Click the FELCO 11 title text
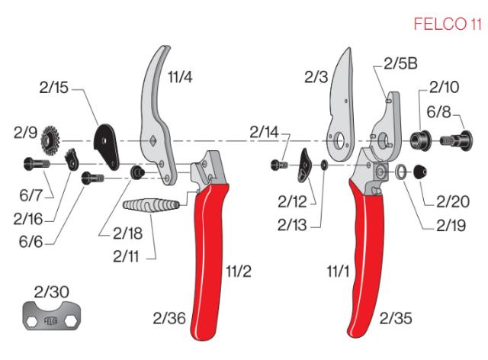(x=448, y=24)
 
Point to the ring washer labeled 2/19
(x=400, y=172)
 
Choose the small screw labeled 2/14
(x=279, y=163)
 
